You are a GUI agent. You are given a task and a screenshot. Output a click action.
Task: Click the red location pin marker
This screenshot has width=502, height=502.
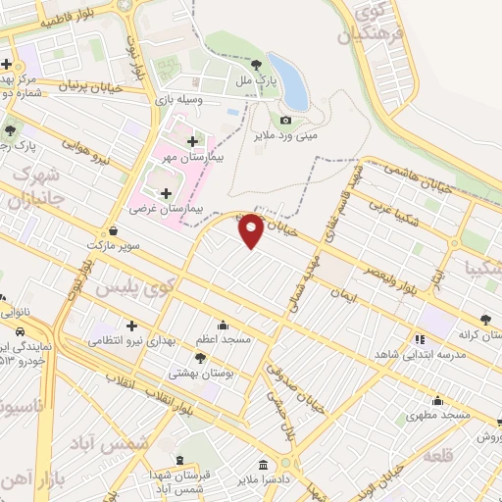coord(252,230)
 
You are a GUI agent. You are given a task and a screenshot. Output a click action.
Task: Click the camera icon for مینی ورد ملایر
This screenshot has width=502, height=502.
coord(285,120)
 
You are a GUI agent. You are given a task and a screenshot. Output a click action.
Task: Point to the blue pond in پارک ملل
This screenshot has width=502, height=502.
coord(293,82)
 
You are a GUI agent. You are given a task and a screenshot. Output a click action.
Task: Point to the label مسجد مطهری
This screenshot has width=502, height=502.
coord(439,415)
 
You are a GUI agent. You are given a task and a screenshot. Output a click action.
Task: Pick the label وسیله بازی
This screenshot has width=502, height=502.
coord(178,98)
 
